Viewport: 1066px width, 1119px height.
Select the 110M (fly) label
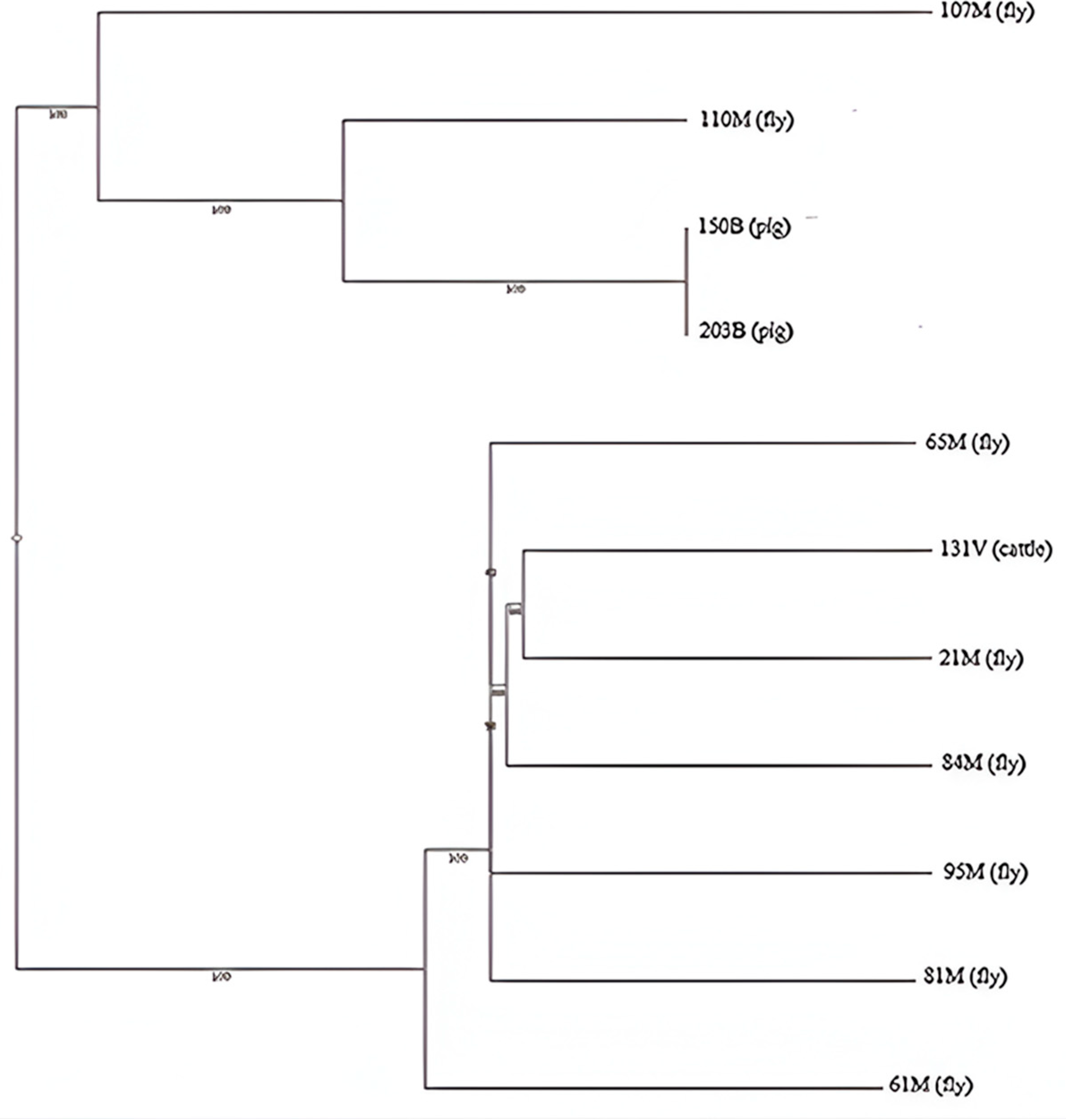click(746, 120)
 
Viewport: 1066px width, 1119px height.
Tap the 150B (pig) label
click(744, 227)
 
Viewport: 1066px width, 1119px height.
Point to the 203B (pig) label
click(745, 331)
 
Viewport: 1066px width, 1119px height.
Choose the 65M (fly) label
click(967, 443)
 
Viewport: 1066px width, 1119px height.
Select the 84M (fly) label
click(983, 763)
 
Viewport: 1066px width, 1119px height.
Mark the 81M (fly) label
click(965, 976)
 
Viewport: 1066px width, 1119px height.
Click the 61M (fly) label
click(930, 1085)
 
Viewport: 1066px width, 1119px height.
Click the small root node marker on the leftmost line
click(17, 538)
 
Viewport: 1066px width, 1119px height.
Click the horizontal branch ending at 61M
click(653, 1088)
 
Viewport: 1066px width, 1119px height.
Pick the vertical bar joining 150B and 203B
click(686, 281)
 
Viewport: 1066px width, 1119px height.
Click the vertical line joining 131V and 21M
click(523, 604)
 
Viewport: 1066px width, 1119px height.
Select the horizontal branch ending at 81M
click(704, 980)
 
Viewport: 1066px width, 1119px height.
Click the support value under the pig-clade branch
click(516, 289)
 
